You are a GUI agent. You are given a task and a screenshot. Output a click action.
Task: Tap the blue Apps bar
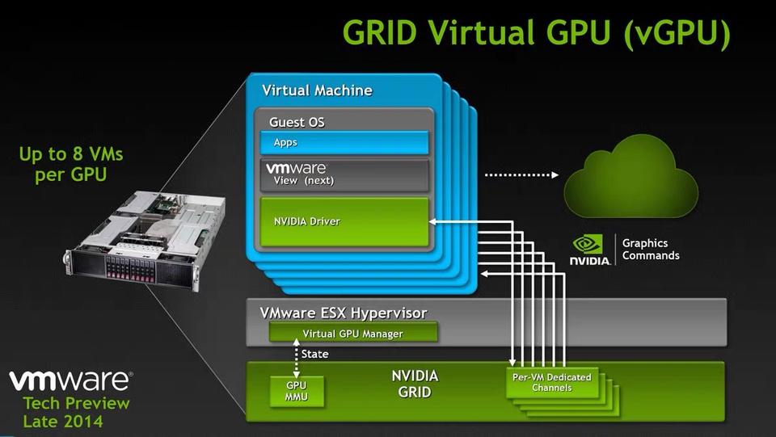tap(344, 142)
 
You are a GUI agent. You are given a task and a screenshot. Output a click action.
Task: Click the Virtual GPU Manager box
tap(352, 333)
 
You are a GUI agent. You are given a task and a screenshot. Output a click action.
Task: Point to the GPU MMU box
tap(297, 393)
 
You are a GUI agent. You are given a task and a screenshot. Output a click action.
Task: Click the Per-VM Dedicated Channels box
tap(552, 383)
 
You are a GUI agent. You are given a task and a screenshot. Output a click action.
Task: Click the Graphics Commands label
tap(651, 250)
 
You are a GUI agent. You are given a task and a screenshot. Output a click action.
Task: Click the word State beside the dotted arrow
tap(314, 354)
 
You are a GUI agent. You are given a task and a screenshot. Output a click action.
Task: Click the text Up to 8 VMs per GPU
tap(70, 164)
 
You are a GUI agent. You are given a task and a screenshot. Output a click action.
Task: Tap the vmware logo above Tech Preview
tap(70, 380)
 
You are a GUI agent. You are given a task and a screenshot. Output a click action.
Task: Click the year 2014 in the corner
tap(84, 422)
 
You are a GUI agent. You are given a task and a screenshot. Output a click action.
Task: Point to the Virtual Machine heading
tap(317, 90)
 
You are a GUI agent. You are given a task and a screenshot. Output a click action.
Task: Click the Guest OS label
tap(297, 123)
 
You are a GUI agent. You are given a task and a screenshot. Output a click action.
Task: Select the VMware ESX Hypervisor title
tap(344, 313)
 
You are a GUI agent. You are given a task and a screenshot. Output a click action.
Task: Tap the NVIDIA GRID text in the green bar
tap(415, 384)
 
